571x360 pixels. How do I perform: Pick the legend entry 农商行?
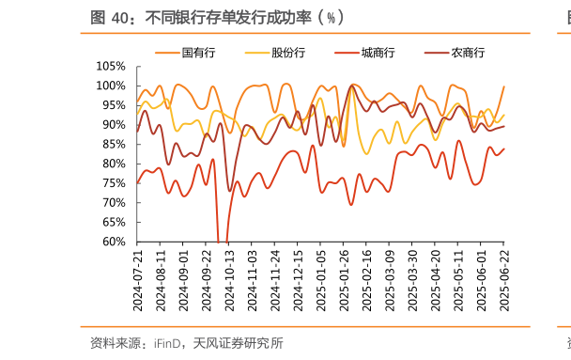[467, 53]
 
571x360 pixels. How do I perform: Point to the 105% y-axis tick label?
[111, 66]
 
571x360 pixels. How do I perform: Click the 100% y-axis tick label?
[111, 86]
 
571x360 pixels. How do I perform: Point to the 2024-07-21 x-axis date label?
[138, 281]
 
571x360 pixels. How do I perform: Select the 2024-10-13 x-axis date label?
[229, 281]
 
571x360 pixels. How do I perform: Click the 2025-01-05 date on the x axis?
[320, 281]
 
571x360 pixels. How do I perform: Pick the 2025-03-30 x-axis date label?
[412, 281]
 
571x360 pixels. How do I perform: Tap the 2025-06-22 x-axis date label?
[503, 281]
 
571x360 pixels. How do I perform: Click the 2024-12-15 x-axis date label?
[298, 281]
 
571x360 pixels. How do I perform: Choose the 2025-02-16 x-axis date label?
[366, 281]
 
